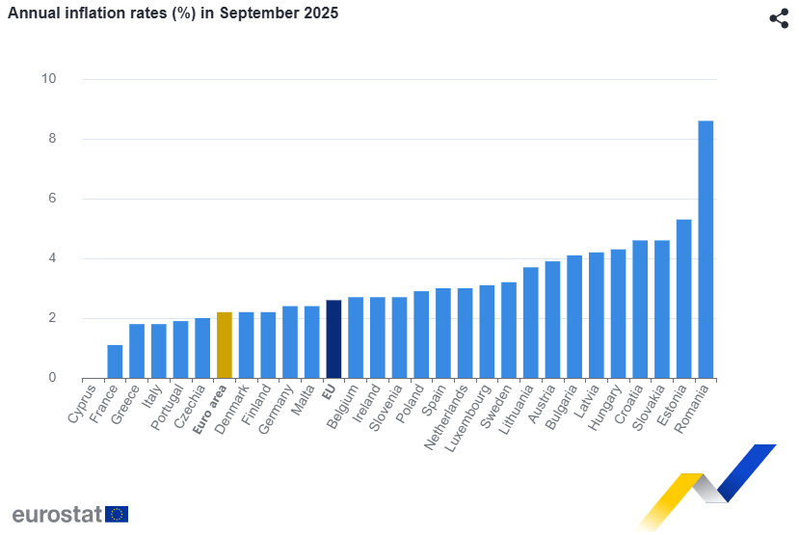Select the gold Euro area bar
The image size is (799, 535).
[x=224, y=344]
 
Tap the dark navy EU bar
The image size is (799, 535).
[x=333, y=338]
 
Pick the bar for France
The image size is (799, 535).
[x=115, y=361]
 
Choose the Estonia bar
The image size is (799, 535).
[x=683, y=298]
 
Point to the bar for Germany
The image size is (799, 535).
[x=289, y=341]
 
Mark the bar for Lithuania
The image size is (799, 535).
[x=530, y=322]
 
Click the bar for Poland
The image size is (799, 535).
[x=421, y=334]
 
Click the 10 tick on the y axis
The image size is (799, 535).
[x=48, y=79]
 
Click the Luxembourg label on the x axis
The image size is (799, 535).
[x=474, y=414]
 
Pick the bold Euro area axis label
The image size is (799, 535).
[x=211, y=411]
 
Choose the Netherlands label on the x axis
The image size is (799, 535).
[x=452, y=415]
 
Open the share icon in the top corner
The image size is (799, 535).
[x=779, y=18]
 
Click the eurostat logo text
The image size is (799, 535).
[x=57, y=514]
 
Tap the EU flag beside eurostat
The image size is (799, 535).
[x=117, y=514]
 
